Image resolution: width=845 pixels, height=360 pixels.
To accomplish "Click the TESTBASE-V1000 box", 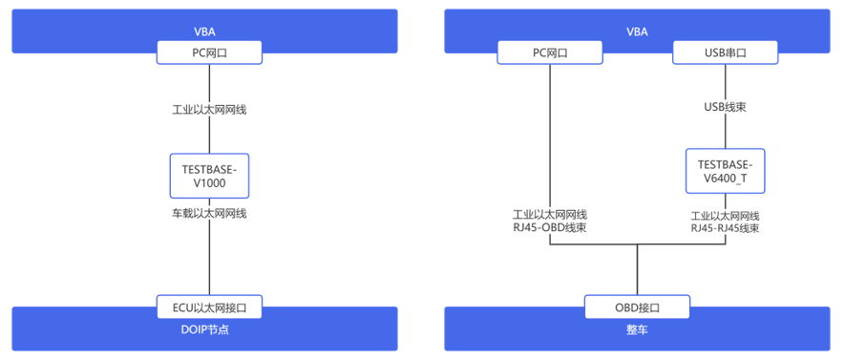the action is (x=210, y=175).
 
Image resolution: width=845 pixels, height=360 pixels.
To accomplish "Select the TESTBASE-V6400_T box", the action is (x=725, y=171).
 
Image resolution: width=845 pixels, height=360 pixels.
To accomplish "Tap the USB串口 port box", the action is (x=726, y=53).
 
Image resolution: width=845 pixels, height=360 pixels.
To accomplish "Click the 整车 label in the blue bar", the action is (x=638, y=329).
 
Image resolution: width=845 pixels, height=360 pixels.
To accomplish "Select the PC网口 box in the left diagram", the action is (x=209, y=53).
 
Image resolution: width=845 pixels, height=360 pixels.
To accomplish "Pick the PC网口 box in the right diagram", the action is (x=550, y=53).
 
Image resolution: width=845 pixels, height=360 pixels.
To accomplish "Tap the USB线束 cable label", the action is (x=726, y=107).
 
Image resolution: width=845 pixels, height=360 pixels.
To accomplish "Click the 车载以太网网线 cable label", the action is (x=209, y=213).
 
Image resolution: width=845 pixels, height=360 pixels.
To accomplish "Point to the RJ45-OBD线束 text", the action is (x=550, y=227).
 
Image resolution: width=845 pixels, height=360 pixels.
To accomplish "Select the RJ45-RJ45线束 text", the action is (x=726, y=227).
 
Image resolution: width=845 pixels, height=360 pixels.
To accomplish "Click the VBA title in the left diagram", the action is (x=204, y=32).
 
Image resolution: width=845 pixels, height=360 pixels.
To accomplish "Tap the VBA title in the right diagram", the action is (x=637, y=32).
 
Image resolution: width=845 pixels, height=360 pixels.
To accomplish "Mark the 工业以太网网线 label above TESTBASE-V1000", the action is (x=209, y=110).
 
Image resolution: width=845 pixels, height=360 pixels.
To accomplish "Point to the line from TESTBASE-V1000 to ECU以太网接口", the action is (x=210, y=245).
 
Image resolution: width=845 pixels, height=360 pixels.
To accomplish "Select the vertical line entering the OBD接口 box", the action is (x=638, y=270).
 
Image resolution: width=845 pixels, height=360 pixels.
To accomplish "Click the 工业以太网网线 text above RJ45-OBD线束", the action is (x=550, y=216).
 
